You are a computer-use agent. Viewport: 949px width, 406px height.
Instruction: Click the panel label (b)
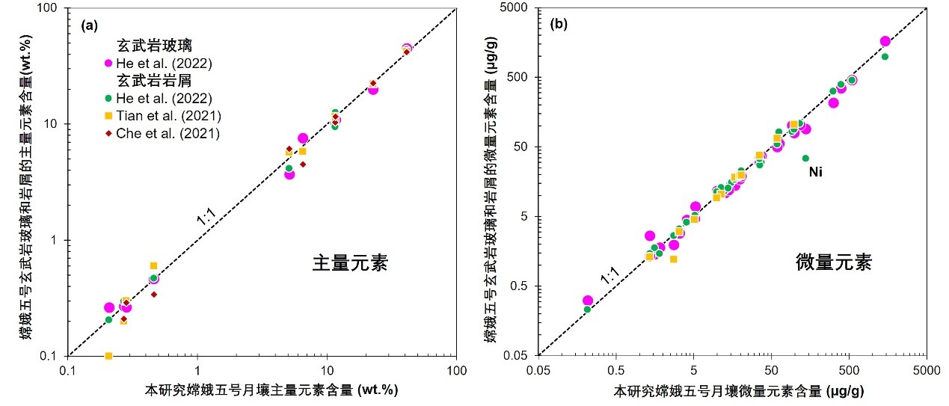pyautogui.click(x=559, y=24)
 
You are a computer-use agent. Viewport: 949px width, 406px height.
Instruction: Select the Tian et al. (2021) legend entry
pyautogui.click(x=166, y=116)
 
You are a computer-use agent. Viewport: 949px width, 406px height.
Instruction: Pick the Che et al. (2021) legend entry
pyautogui.click(x=166, y=134)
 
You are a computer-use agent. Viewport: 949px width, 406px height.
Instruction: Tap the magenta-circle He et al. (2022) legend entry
pyautogui.click(x=166, y=64)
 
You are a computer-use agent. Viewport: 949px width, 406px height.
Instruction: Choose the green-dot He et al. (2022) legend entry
pyautogui.click(x=166, y=98)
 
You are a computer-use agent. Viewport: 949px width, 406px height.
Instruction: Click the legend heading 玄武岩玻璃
pyautogui.click(x=149, y=46)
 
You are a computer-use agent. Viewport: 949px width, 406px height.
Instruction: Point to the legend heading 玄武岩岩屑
pyautogui.click(x=149, y=81)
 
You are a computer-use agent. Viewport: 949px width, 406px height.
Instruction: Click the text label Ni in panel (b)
pyautogui.click(x=816, y=172)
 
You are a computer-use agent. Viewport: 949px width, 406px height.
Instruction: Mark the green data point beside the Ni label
pyautogui.click(x=805, y=158)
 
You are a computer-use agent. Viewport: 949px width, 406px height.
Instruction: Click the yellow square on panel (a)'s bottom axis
pyautogui.click(x=108, y=356)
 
